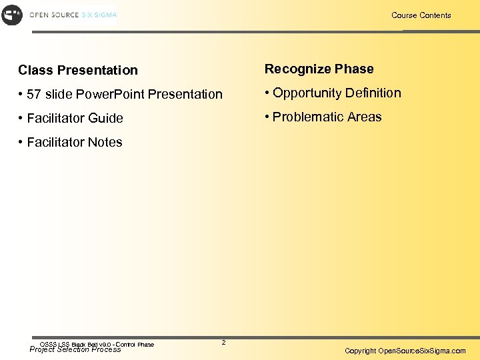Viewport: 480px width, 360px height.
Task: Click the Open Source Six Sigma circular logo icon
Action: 12,15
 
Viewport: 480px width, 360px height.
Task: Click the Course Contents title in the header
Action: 421,15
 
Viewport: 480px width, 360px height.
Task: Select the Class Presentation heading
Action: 78,70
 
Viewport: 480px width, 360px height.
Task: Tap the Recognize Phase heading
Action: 319,69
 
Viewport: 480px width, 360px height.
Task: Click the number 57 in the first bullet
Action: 34,94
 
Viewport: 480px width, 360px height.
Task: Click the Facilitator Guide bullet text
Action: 75,118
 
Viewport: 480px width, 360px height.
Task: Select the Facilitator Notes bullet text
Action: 75,142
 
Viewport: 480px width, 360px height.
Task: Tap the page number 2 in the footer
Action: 223,343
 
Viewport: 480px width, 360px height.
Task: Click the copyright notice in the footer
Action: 405,351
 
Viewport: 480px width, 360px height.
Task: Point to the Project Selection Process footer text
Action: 75,349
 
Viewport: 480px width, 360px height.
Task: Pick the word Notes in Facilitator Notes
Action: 105,142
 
